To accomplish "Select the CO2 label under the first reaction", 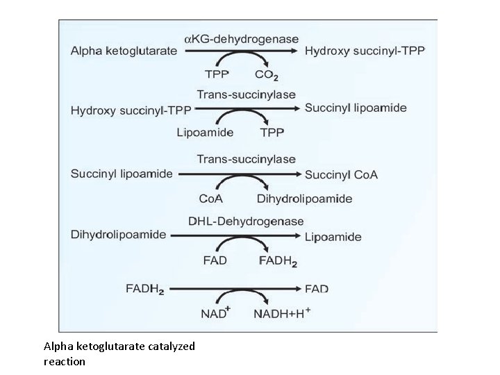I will [267, 74].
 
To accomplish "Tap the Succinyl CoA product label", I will [341, 175].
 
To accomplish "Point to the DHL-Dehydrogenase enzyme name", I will [246, 222].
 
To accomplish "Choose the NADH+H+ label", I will [284, 313].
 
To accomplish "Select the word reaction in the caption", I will [64, 361].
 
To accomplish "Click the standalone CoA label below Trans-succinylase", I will [211, 199].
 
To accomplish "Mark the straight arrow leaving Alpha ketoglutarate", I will [235, 51].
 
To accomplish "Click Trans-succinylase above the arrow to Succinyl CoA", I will [247, 160].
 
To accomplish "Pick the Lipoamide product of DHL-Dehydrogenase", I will [333, 237].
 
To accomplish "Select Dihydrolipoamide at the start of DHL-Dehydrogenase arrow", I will [118, 234].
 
